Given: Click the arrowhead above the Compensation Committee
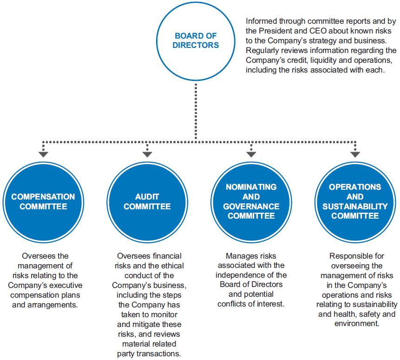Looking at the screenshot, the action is (x=43, y=154).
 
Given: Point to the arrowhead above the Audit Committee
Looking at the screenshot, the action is (x=147, y=154).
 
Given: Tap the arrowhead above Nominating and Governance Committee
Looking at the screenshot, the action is (x=251, y=154).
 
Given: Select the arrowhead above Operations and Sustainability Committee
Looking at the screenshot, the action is (x=355, y=154).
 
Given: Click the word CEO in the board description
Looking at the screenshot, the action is (x=318, y=31).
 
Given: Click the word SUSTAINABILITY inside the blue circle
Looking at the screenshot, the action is (x=355, y=207).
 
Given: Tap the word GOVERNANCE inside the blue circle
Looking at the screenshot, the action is (x=251, y=207).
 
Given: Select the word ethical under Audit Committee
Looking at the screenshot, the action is (x=172, y=266).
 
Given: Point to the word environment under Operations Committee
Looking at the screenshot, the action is (x=357, y=324).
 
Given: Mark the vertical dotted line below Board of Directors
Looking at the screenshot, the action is (x=196, y=111).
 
